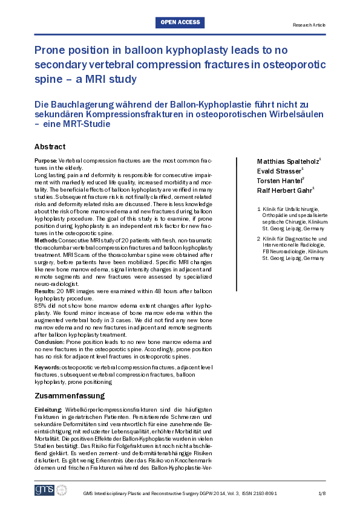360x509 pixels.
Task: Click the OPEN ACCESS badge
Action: (180, 22)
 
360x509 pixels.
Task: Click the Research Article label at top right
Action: (309, 25)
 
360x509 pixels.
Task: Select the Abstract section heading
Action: (50, 147)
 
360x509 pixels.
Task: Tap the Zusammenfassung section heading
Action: (70, 396)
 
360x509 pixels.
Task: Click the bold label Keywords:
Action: (48, 368)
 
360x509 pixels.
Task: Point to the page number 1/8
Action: (322, 494)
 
